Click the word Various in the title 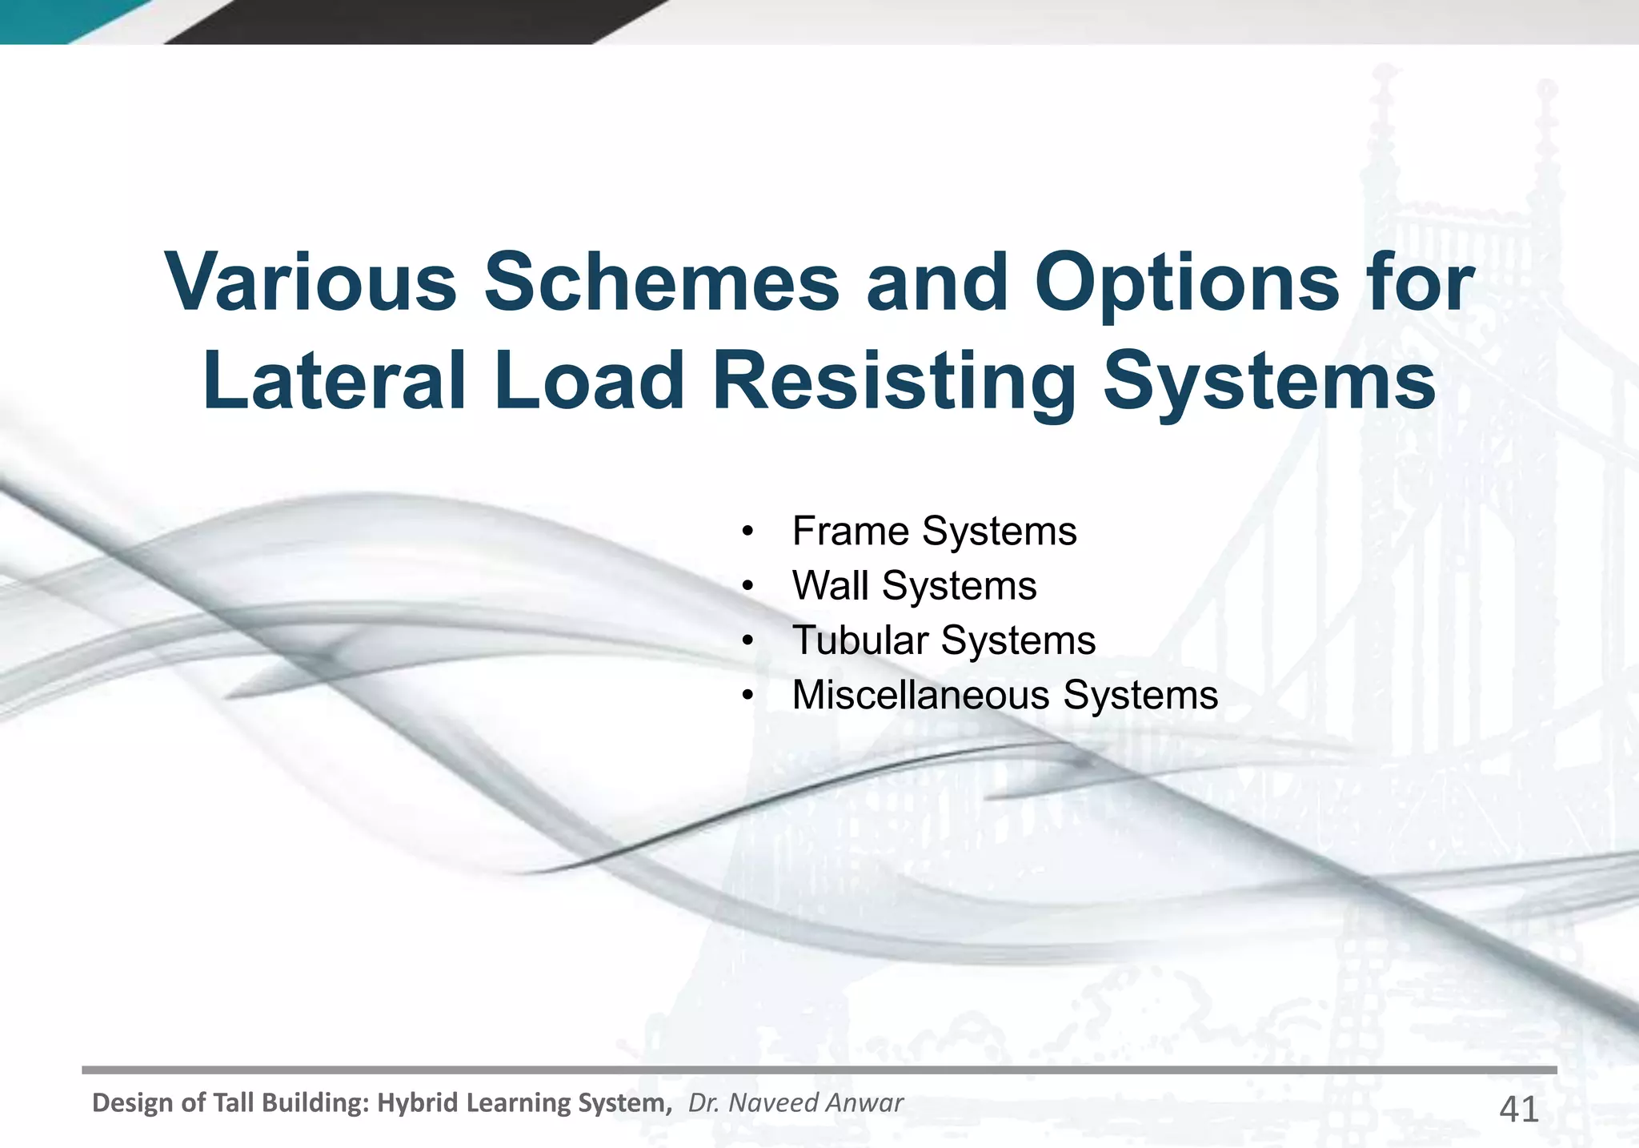311,283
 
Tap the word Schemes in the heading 662,283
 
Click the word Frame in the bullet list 850,532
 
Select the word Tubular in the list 860,640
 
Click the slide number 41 1518,1110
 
